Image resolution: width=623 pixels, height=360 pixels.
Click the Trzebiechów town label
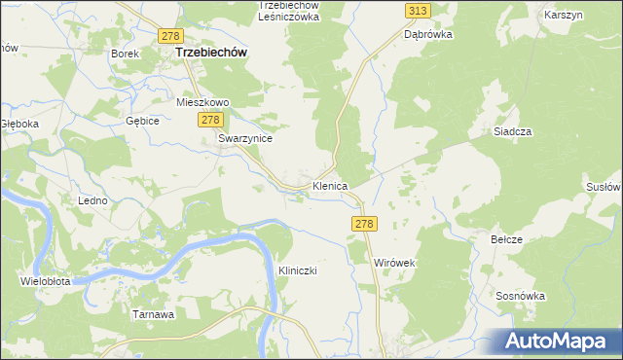pyautogui.click(x=209, y=54)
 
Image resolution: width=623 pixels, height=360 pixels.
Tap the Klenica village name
pyautogui.click(x=330, y=185)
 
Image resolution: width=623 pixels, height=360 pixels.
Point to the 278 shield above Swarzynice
pyautogui.click(x=210, y=119)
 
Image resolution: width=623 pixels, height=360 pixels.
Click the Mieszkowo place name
pyautogui.click(x=202, y=101)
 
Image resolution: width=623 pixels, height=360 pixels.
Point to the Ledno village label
pyautogui.click(x=92, y=199)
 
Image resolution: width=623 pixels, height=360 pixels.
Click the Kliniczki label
pyautogui.click(x=299, y=270)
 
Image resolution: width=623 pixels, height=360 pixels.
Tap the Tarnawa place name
pyautogui.click(x=153, y=314)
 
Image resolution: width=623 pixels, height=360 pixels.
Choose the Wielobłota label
pyautogui.click(x=45, y=281)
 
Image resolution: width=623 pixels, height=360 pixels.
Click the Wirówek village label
pyautogui.click(x=395, y=263)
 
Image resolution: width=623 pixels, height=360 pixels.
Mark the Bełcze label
pyautogui.click(x=507, y=239)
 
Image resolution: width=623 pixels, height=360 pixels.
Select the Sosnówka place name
pyautogui.click(x=518, y=295)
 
